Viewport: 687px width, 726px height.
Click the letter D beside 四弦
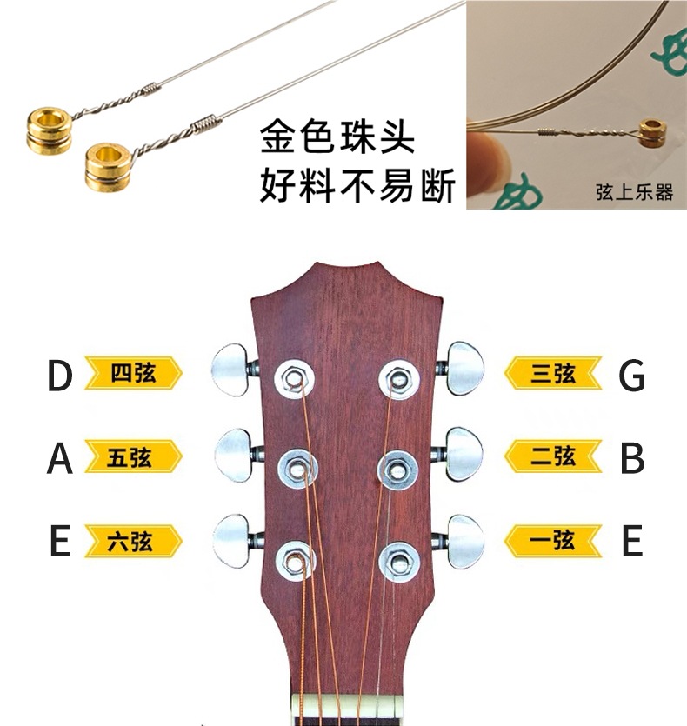59,376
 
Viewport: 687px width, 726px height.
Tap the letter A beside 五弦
59,458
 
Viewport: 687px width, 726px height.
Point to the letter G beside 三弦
631,376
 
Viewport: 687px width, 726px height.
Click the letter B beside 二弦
631,458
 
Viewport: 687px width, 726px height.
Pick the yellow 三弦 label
553,374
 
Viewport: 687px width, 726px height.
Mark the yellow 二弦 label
553,456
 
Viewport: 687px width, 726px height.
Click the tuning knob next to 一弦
465,542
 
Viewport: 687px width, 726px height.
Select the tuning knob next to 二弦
464,454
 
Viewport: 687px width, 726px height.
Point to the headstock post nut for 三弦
398,377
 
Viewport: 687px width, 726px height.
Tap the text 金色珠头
337,140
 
